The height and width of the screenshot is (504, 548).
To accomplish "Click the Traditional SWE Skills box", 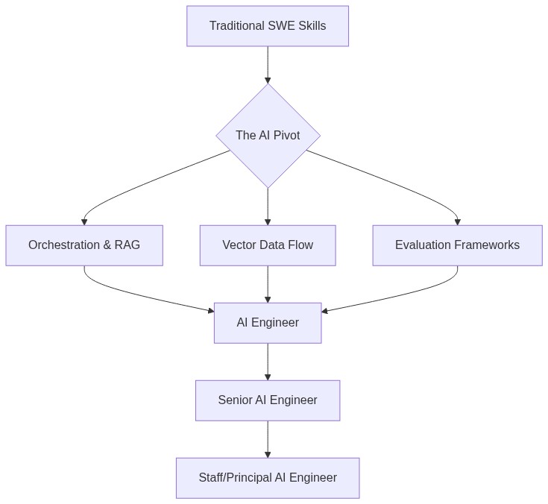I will (x=267, y=26).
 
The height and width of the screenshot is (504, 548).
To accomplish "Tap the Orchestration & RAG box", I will (x=84, y=245).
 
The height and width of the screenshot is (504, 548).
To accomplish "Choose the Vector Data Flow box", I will (x=268, y=245).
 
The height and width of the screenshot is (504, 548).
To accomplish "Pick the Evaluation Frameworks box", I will (x=457, y=245).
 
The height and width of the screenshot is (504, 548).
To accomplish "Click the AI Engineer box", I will (x=268, y=323).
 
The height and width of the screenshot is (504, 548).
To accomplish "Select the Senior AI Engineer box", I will (x=268, y=400).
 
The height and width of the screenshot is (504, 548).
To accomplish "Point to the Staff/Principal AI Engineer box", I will (x=268, y=478).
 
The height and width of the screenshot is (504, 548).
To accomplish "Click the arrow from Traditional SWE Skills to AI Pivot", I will (x=268, y=65).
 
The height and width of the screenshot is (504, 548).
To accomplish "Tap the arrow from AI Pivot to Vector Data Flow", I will (x=268, y=206).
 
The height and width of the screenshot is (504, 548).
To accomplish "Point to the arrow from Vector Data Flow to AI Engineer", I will (x=268, y=284).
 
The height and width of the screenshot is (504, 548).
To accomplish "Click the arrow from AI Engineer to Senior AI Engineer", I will (x=268, y=362).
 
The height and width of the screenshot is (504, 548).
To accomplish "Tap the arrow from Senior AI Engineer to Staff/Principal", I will (x=268, y=439).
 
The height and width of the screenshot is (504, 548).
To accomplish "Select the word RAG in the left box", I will (x=127, y=245).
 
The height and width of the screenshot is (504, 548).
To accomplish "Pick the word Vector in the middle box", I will (x=239, y=245).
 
